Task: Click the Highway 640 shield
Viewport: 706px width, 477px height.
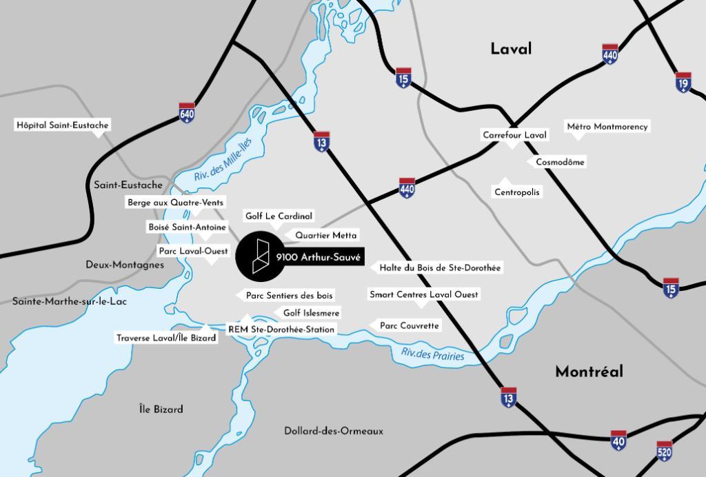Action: tap(187, 112)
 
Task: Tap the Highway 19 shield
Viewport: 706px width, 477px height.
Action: tap(683, 82)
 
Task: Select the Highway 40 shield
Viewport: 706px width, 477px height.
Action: tap(618, 440)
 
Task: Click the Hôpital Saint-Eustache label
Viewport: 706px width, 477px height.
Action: tap(63, 125)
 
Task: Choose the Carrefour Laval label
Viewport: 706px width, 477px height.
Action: tap(514, 135)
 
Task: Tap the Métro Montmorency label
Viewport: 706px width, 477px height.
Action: tap(607, 127)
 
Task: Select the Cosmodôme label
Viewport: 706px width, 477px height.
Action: tap(560, 162)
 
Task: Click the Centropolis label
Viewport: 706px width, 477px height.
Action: tap(517, 192)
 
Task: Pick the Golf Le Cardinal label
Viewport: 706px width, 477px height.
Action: tap(279, 216)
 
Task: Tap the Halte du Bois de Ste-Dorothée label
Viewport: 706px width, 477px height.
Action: tap(440, 267)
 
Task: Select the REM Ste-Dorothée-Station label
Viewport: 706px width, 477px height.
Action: tap(281, 329)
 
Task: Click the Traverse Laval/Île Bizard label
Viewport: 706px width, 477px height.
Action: tap(166, 338)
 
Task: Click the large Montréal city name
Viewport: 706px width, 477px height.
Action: tap(589, 372)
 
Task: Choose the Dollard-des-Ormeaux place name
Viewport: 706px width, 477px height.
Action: tap(334, 431)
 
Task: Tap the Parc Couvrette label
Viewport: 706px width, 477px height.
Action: tap(410, 325)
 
